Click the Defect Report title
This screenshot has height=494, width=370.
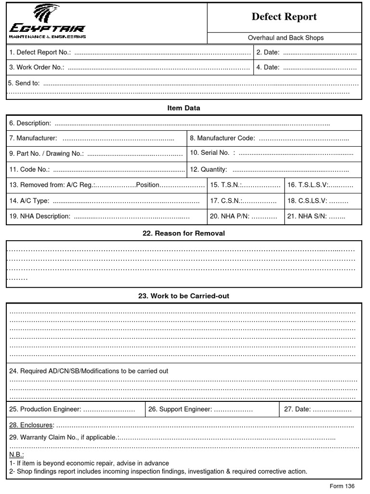coord(284,17)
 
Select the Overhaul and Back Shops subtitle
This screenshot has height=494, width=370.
coord(286,38)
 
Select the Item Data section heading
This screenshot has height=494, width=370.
coord(184,108)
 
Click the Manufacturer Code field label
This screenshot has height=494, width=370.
coord(222,139)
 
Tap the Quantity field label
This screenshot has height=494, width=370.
coord(208,170)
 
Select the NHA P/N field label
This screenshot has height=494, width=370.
coord(229,217)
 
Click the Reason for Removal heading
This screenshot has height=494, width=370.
coord(184,233)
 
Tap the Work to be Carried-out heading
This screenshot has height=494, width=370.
coord(184,296)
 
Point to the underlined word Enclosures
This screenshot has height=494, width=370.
coord(31,425)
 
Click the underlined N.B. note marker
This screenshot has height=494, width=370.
coord(16,455)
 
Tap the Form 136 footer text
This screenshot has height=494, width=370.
coord(343,486)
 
